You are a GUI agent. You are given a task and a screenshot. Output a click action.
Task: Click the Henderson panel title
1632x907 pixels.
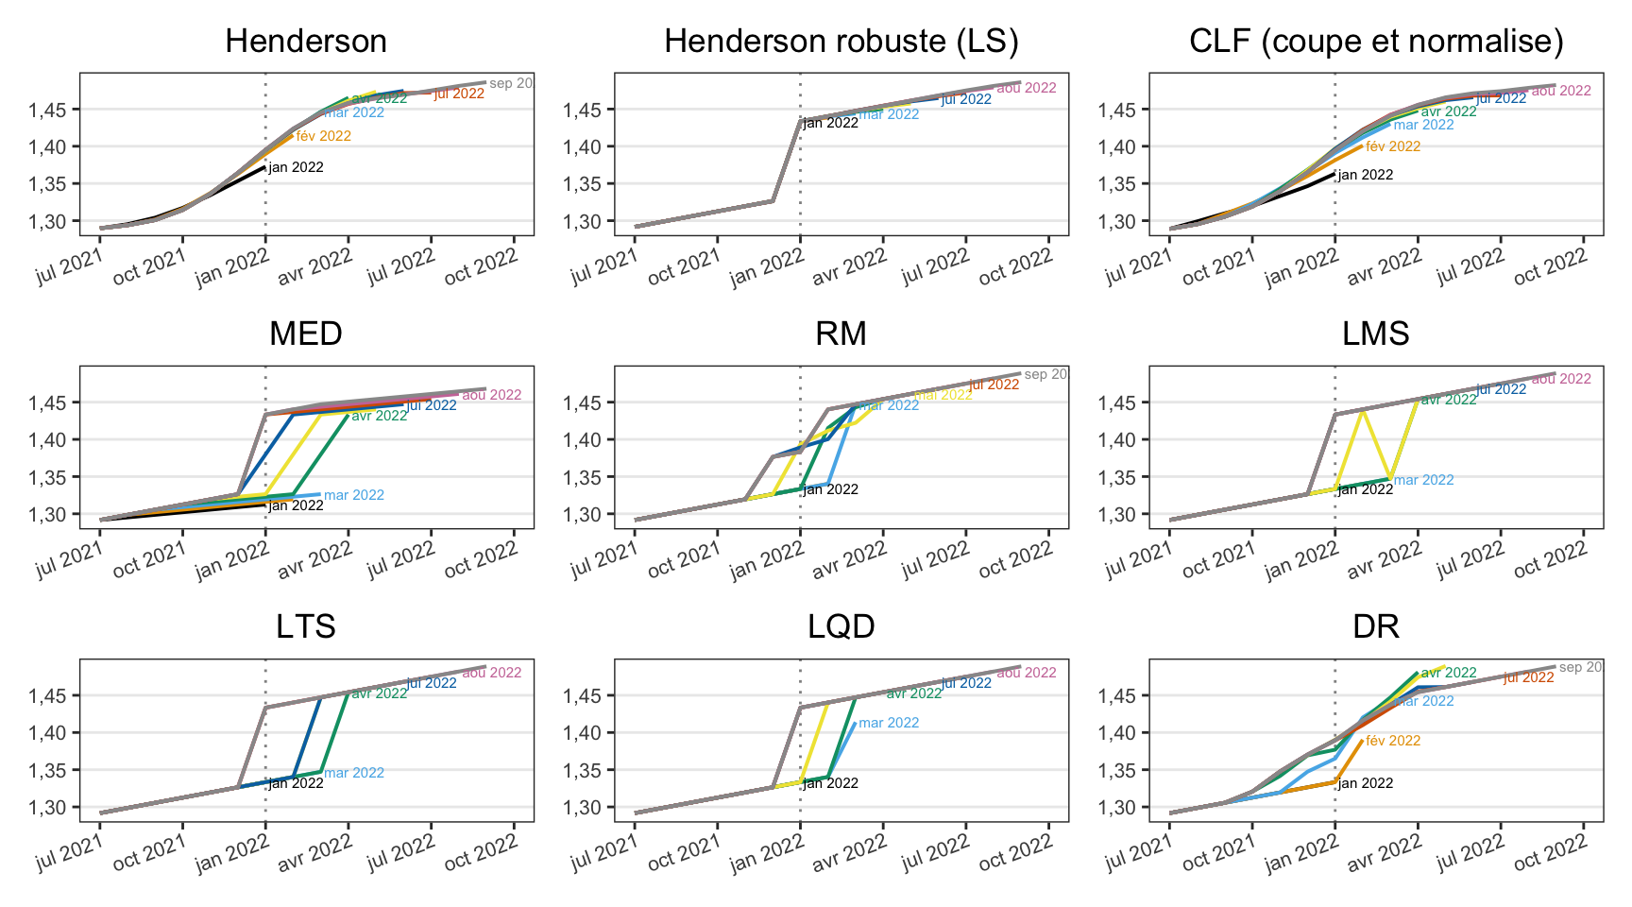[306, 42]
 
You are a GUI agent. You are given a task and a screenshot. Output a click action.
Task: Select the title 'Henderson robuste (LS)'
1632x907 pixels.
[841, 42]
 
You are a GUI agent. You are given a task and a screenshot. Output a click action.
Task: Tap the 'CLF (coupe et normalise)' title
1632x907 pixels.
[1376, 42]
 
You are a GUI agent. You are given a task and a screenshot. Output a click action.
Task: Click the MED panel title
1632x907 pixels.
[306, 334]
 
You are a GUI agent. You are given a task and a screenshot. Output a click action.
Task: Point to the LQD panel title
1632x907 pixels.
[841, 627]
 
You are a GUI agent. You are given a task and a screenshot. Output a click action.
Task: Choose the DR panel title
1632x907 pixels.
[1376, 627]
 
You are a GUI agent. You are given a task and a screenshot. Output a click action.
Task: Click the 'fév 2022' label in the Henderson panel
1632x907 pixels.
[324, 136]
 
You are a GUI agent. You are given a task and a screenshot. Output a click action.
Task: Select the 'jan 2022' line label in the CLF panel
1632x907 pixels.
[1366, 175]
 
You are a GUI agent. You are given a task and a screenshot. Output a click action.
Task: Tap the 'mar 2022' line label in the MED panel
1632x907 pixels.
[354, 495]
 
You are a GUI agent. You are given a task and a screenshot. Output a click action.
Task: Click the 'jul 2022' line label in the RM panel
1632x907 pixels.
[994, 385]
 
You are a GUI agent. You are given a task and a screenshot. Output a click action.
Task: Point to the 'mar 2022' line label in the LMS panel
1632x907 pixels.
[1424, 480]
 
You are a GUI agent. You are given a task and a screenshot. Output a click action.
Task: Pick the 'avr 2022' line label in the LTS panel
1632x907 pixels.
[380, 693]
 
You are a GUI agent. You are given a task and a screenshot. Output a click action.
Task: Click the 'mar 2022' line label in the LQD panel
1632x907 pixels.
[889, 723]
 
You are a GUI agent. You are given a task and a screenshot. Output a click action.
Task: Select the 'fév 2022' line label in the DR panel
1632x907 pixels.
[1393, 741]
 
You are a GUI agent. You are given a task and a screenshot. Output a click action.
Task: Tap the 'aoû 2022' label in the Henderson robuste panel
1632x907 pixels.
[1027, 88]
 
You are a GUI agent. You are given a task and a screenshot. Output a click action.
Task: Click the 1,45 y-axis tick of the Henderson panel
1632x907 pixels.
[47, 110]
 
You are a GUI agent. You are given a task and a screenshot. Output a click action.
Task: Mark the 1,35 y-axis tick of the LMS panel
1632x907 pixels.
[1116, 477]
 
